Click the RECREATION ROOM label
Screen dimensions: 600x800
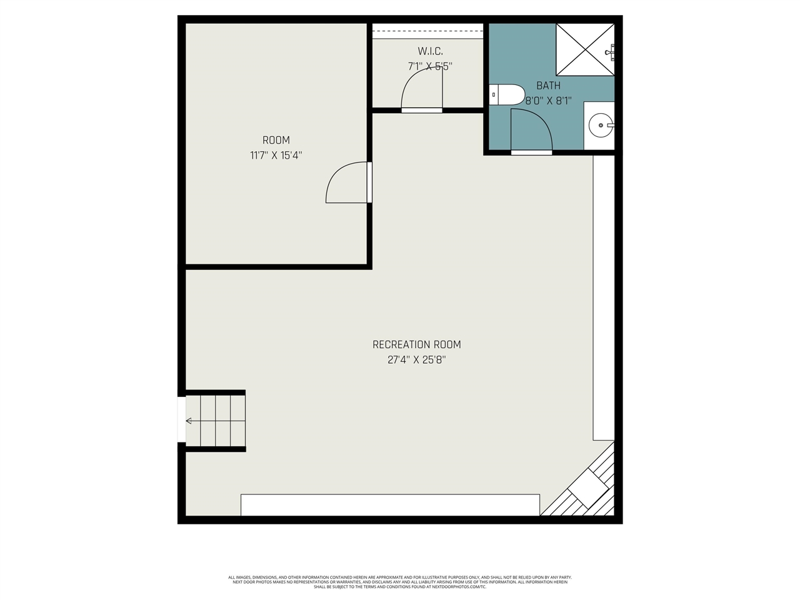pos(416,344)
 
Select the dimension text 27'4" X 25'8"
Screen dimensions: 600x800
pos(416,360)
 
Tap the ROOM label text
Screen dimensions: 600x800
pos(276,140)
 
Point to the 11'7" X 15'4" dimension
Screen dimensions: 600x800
pos(276,156)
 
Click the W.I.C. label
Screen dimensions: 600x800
pos(430,51)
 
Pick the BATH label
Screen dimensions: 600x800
pos(548,86)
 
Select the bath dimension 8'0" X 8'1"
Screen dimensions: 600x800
pos(548,101)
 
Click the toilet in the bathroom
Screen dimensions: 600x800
pos(506,94)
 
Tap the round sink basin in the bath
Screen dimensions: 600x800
pos(601,125)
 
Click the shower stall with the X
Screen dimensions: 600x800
pos(585,49)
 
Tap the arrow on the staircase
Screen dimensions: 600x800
pos(189,421)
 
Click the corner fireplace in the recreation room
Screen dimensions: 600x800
pos(587,487)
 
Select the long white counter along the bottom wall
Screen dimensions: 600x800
pos(390,505)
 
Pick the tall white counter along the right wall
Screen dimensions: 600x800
pos(604,297)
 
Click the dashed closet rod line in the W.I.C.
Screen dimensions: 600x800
pos(427,30)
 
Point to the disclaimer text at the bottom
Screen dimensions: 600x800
pos(400,582)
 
